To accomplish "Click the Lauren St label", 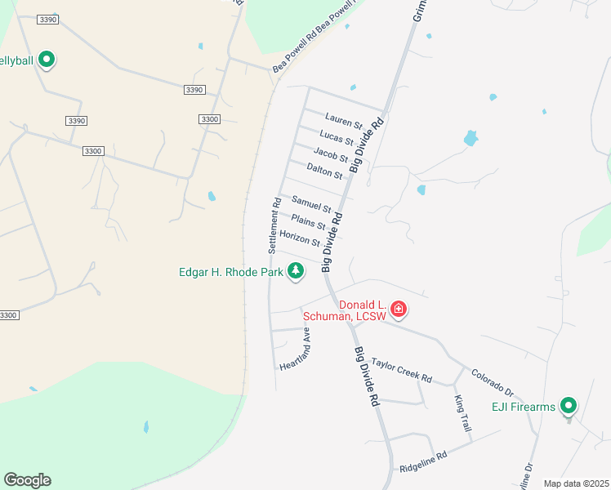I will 343,121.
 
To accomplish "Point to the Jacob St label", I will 331,154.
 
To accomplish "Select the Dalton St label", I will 324,171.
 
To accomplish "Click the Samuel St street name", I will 311,205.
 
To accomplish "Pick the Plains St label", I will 309,222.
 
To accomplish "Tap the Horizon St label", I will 300,238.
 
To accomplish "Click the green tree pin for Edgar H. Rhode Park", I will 295,271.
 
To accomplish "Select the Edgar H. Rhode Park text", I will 230,272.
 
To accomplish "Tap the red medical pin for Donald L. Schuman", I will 399,309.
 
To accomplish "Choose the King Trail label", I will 463,414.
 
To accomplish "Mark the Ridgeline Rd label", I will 424,462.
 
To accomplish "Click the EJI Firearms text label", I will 523,407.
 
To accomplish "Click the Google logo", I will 27,480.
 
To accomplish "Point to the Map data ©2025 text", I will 576,483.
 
